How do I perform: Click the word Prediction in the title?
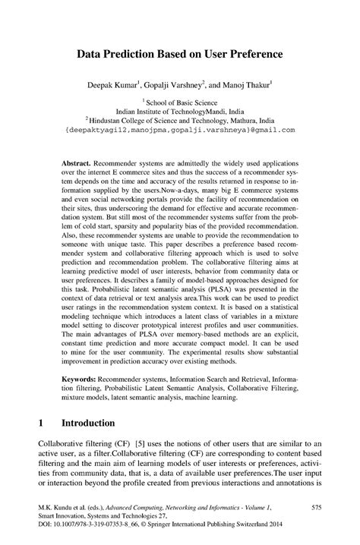pos(140,55)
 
